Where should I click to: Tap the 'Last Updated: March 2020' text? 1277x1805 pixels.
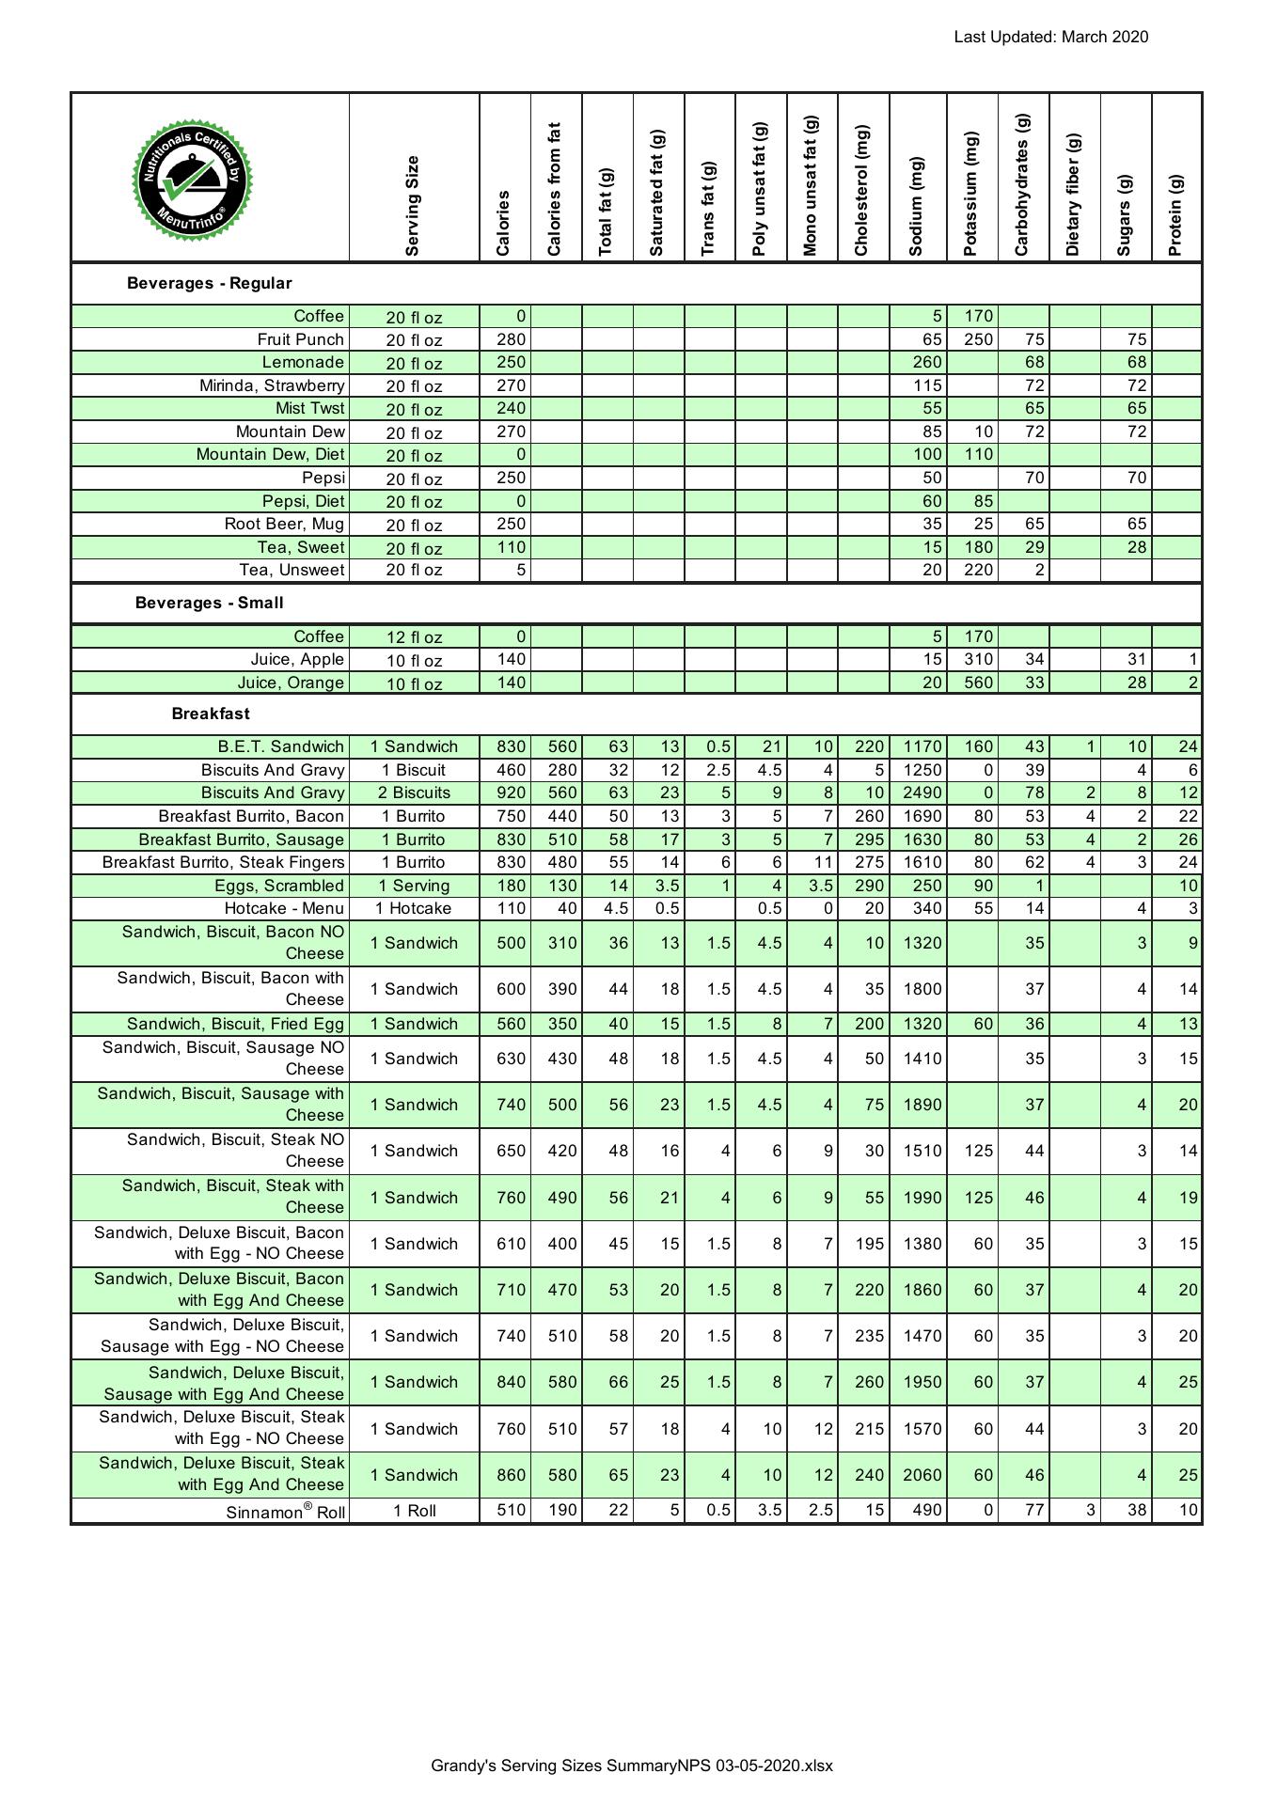tap(1050, 38)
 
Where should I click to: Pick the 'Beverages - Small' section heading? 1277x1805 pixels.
tap(209, 604)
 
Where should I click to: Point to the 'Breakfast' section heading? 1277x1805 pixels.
tap(211, 714)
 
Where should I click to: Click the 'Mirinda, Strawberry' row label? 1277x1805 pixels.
tap(272, 385)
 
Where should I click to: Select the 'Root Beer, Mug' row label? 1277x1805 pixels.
tap(284, 525)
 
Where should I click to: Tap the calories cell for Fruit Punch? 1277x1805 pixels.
tap(511, 339)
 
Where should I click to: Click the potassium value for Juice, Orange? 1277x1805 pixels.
tap(978, 683)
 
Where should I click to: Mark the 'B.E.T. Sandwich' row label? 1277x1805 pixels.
tap(280, 747)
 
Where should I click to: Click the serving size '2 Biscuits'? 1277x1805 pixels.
tap(414, 793)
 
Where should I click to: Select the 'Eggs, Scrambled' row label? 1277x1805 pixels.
tap(279, 886)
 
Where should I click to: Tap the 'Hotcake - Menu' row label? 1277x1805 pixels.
tap(284, 909)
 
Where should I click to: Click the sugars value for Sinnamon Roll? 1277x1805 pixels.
tap(1136, 1511)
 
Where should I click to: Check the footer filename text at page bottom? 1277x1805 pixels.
tap(632, 1766)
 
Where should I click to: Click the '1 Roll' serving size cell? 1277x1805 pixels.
tap(414, 1512)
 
